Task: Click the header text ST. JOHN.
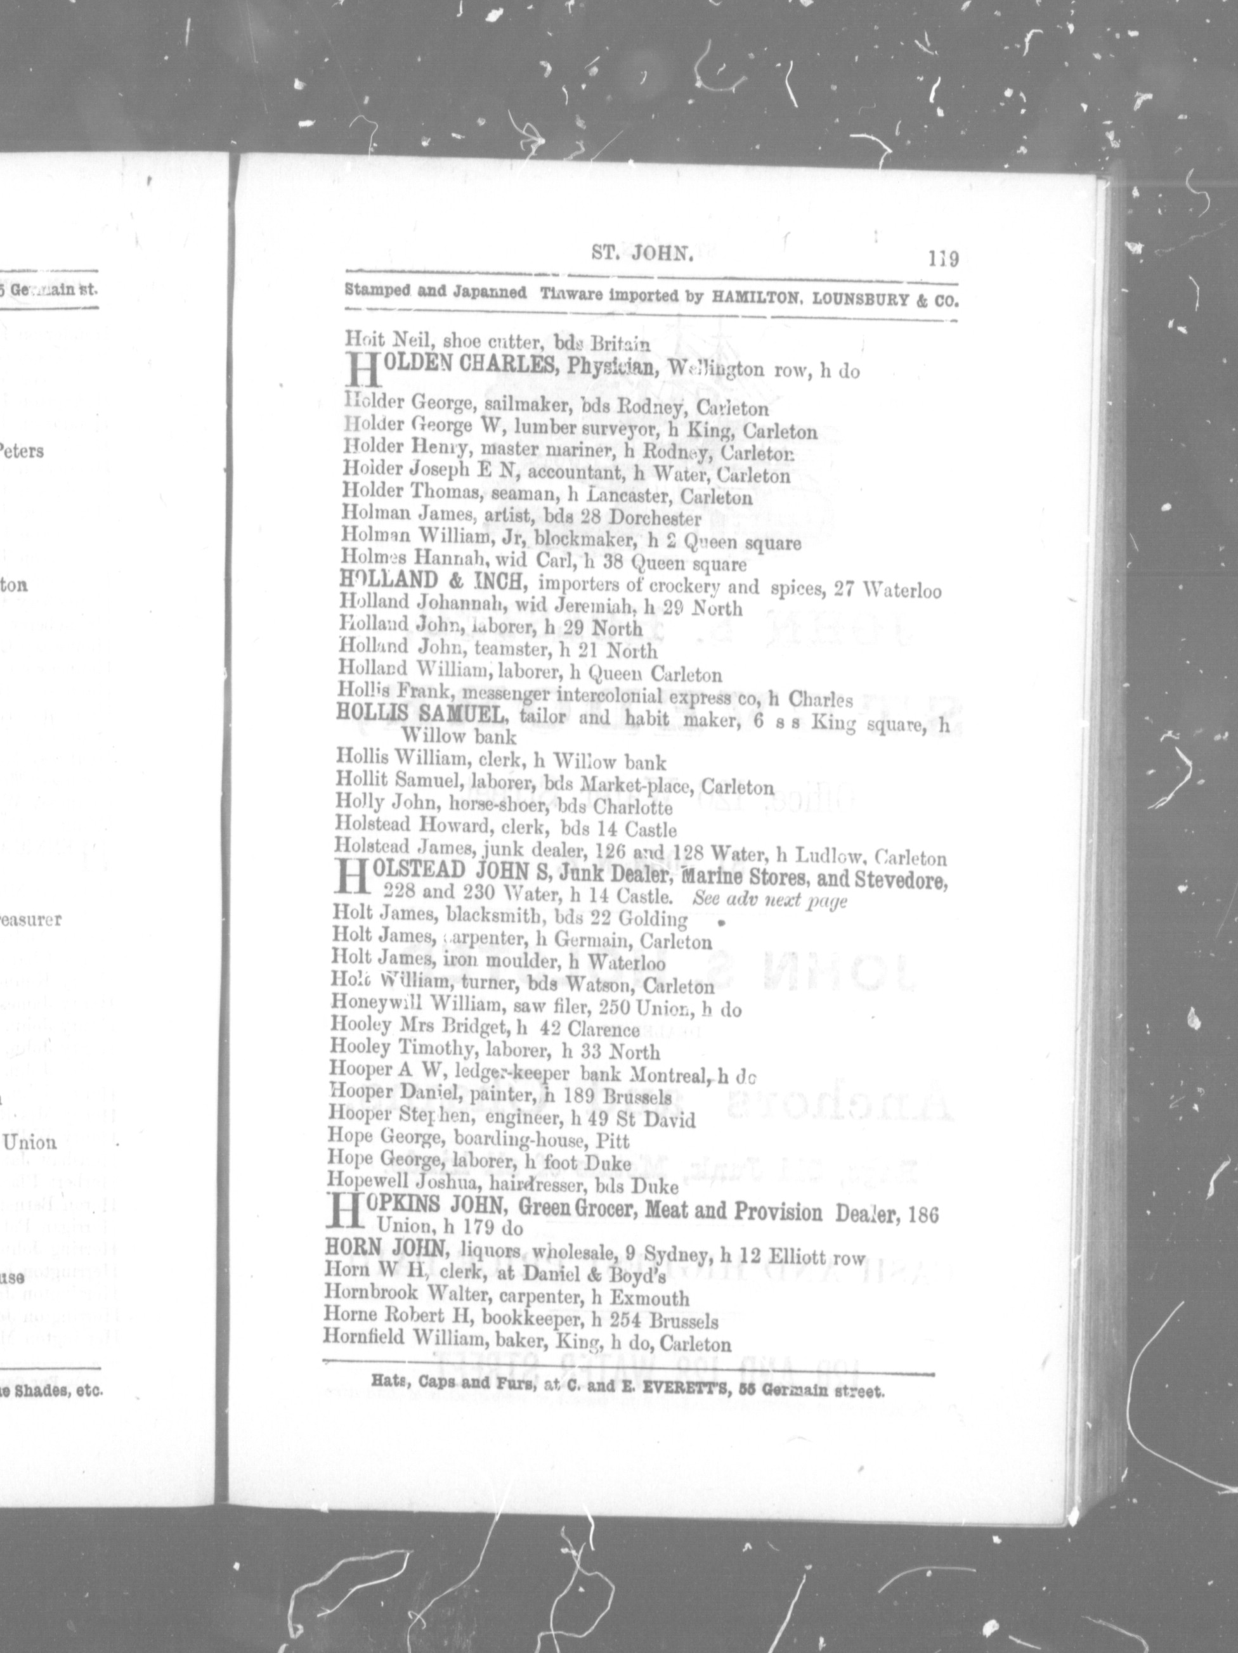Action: click(x=643, y=254)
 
